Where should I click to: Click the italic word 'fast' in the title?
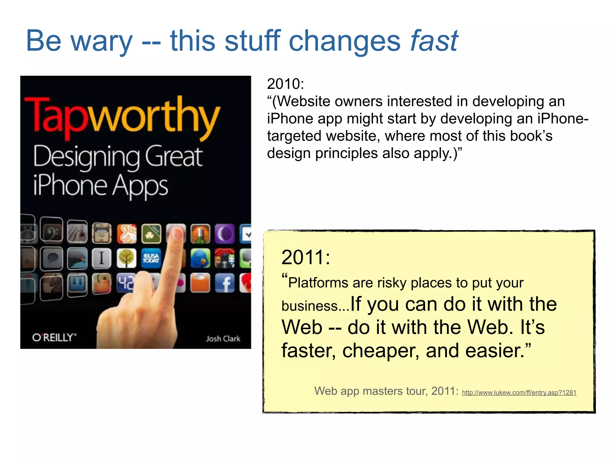pyautogui.click(x=434, y=41)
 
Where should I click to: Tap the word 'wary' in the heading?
pyautogui.click(x=101, y=42)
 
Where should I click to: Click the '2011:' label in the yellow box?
pyautogui.click(x=306, y=257)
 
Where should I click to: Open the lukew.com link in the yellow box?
pyautogui.click(x=519, y=392)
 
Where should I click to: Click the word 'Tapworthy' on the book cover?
pyautogui.click(x=122, y=116)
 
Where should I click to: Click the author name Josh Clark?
pyautogui.click(x=223, y=338)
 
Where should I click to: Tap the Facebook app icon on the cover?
pyautogui.click(x=225, y=283)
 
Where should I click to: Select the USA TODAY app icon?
pyautogui.click(x=151, y=258)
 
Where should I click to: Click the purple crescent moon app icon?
pyautogui.click(x=225, y=233)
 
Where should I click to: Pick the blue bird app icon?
pyautogui.click(x=200, y=258)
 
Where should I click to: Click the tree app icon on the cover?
pyautogui.click(x=126, y=258)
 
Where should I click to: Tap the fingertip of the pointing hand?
pyautogui.click(x=177, y=233)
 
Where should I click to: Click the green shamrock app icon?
pyautogui.click(x=151, y=233)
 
